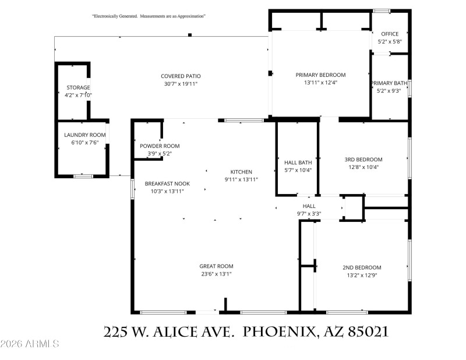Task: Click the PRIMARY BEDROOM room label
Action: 320,75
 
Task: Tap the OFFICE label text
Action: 389,34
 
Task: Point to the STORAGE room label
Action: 78,87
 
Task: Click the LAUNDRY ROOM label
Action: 85,135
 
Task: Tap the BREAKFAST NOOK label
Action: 167,183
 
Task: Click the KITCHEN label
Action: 241,172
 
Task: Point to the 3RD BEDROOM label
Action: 363,160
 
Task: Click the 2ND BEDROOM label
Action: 362,267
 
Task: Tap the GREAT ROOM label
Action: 216,266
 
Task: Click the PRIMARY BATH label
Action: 389,83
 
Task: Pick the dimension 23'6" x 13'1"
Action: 216,274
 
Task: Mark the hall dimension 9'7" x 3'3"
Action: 309,213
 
